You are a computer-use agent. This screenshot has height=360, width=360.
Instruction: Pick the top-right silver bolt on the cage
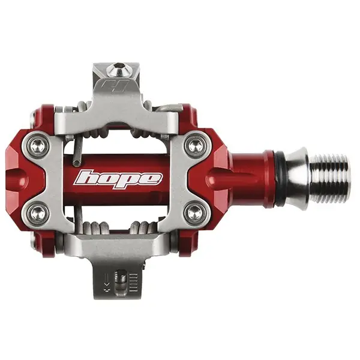pos(195,145)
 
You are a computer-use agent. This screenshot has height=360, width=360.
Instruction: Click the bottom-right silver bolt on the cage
pos(195,213)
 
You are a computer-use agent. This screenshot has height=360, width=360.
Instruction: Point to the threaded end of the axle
pos(329,179)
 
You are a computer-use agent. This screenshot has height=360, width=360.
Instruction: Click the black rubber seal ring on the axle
pos(280,179)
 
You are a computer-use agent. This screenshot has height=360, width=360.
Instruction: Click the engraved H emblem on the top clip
pos(114,86)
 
